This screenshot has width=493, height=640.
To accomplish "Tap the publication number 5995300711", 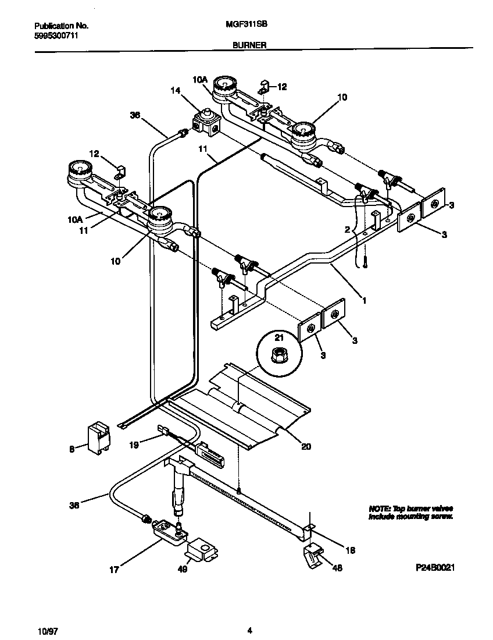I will (x=56, y=35).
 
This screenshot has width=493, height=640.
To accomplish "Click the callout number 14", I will (x=176, y=90).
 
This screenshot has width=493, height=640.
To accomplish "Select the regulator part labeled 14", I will (x=206, y=120).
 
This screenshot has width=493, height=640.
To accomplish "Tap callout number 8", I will (x=72, y=449).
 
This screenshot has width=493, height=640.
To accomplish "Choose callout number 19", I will (x=134, y=445).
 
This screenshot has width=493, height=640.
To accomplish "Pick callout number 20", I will (x=306, y=447).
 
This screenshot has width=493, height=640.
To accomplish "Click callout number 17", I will (x=114, y=570).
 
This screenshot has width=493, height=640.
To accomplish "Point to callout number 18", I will (x=350, y=550).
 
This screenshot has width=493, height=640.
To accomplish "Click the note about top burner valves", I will (x=410, y=512).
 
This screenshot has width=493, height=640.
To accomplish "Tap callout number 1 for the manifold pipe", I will (x=364, y=301).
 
